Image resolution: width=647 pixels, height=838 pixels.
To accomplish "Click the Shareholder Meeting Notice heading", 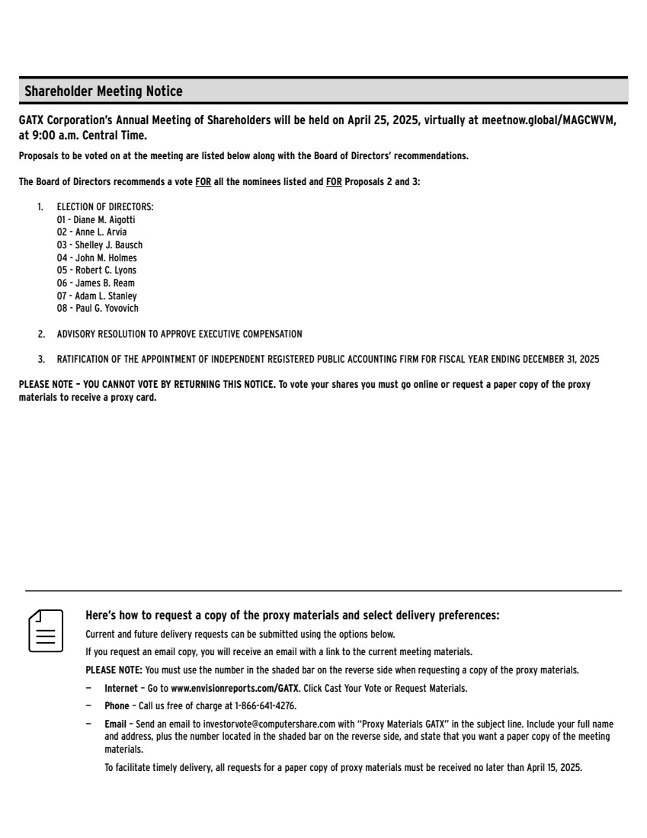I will pos(104,91).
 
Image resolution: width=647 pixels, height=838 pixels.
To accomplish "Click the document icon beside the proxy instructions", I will pos(46,630).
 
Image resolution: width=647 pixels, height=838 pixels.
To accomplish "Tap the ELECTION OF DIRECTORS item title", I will pos(105,207).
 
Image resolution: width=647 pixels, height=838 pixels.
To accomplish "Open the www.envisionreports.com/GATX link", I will pos(235,689).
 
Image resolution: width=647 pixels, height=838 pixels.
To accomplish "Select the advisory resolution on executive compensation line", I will pos(179,334).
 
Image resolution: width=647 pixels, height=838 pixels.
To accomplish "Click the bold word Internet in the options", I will pos(121,689).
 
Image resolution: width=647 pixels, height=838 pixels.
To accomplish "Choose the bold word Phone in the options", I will pos(117,706).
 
